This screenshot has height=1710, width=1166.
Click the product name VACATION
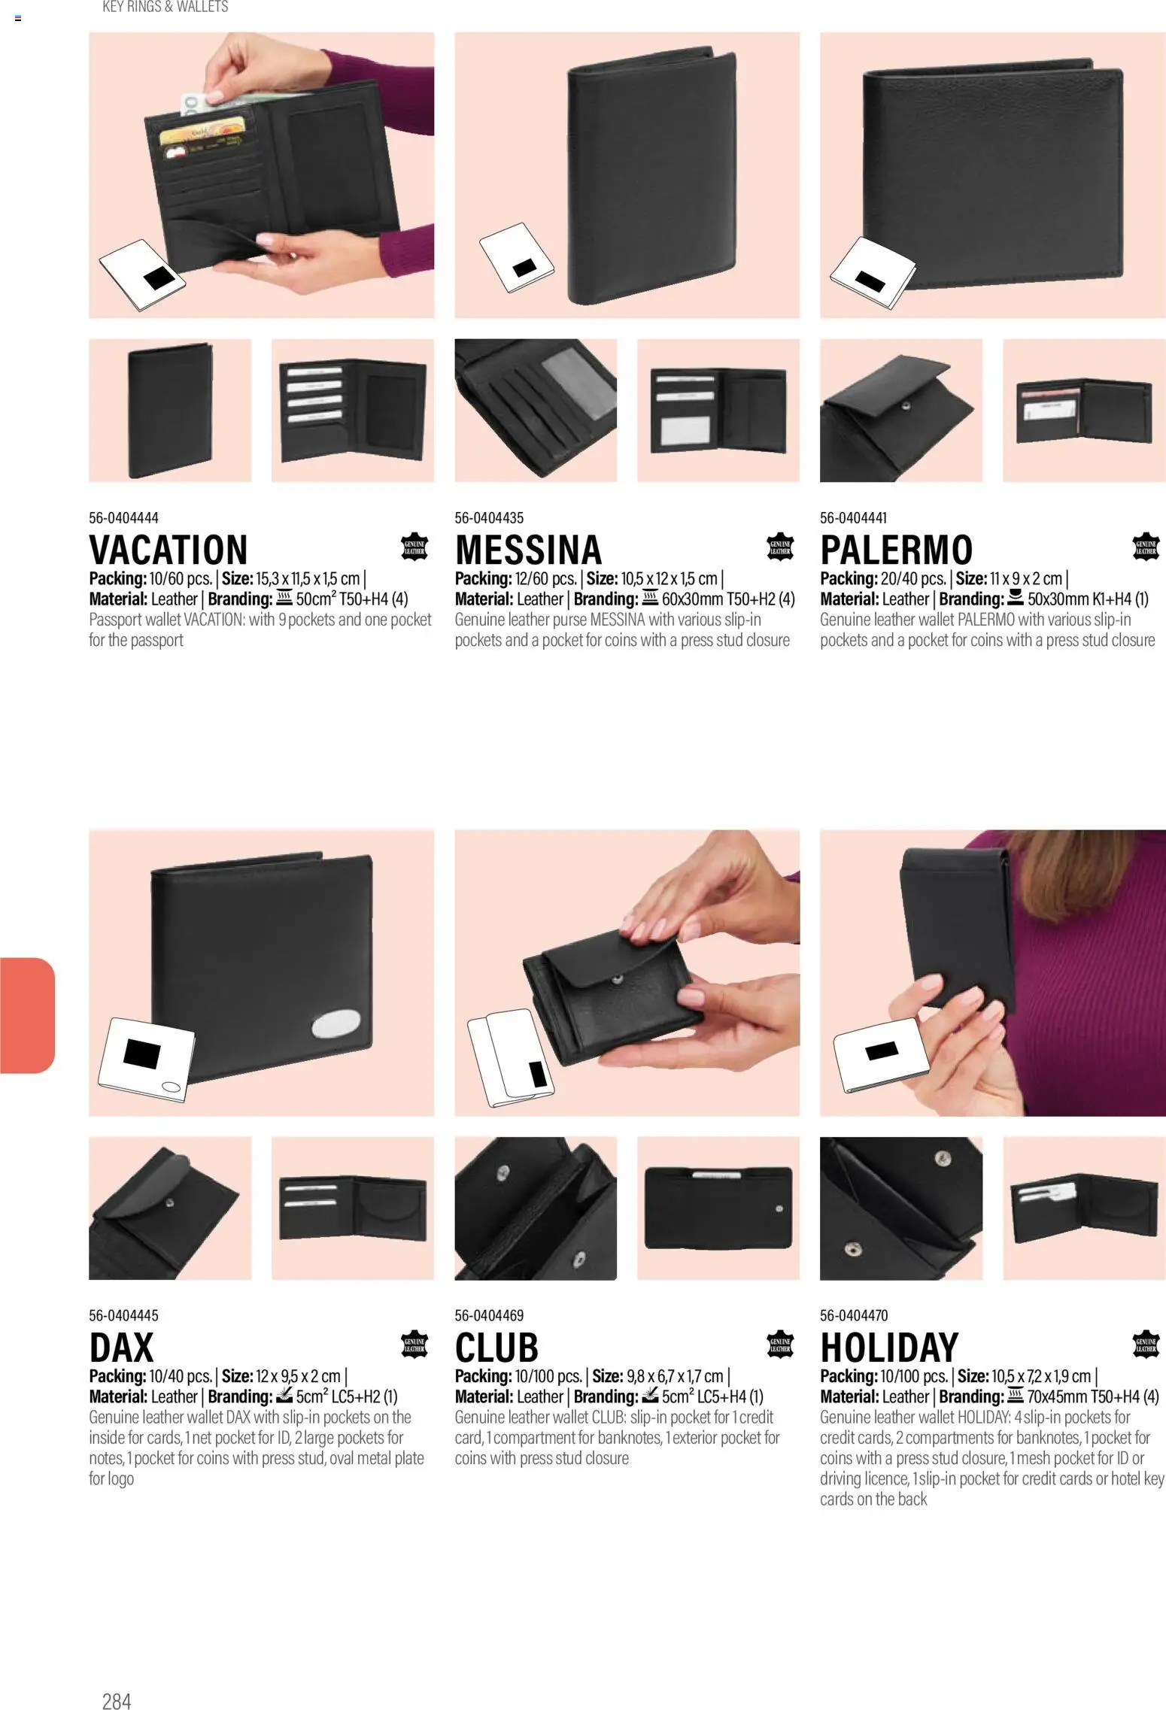169,550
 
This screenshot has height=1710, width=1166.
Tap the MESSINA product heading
528,550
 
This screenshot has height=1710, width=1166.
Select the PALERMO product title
896,550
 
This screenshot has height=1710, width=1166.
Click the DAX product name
121,1348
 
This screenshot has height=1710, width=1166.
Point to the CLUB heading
496,1348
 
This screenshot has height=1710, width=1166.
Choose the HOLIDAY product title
889,1348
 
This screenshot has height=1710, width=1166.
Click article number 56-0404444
123,517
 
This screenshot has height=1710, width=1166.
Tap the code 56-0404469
489,1315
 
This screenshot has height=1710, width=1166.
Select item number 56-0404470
854,1315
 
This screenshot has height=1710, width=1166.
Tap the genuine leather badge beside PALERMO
1146,547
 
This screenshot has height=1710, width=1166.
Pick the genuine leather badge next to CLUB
780,1345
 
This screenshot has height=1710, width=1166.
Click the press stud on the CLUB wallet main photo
618,979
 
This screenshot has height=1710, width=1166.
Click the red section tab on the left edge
27,1015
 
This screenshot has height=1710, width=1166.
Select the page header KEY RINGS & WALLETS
165,7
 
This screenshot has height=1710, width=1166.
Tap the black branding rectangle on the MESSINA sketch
524,268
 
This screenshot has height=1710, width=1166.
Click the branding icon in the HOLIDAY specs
1016,1396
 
